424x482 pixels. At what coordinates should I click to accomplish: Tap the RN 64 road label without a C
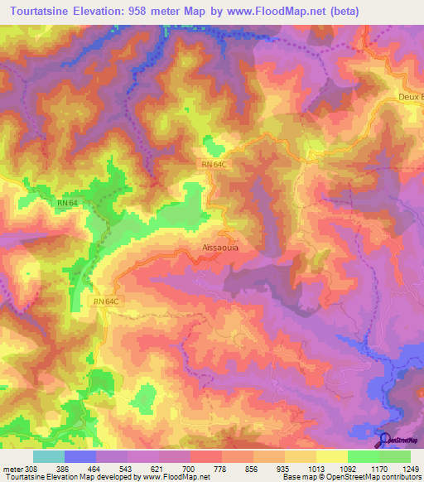(x=69, y=202)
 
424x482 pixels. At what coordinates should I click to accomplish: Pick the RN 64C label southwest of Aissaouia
(x=106, y=301)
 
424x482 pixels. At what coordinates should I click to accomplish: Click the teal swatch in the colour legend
(x=47, y=456)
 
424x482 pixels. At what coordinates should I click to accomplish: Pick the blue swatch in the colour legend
(x=79, y=456)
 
